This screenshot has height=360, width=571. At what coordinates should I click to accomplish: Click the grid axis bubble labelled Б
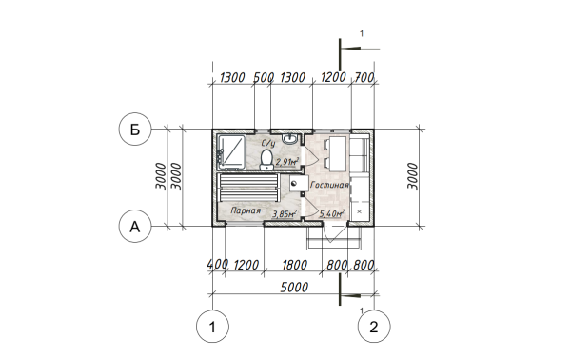pos(135,129)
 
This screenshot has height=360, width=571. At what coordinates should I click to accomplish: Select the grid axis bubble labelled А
pos(135,227)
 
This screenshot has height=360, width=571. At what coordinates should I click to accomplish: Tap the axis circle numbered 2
pos(374,327)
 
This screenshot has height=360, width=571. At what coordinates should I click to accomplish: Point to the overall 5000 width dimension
pos(294,288)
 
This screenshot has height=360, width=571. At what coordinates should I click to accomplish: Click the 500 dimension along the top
pos(264,77)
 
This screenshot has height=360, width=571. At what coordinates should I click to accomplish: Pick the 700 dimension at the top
pos(364,77)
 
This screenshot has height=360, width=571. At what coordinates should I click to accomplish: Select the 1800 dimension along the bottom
pos(294,265)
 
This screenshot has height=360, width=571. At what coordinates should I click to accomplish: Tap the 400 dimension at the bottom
pos(217,265)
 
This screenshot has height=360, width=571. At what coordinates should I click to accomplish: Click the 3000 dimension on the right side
pos(413,176)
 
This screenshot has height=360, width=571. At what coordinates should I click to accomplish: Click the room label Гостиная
pos(329,185)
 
